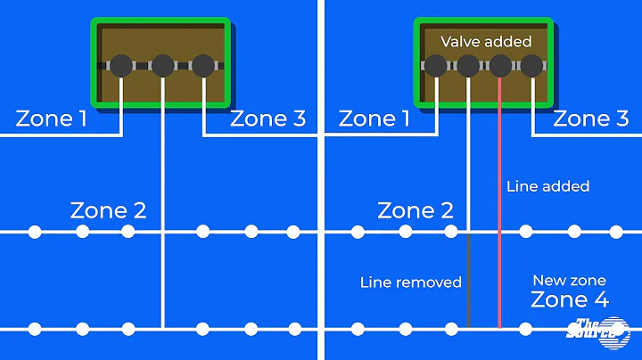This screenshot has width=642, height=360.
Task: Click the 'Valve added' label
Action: click(x=486, y=41)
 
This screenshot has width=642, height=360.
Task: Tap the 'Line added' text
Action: click(x=547, y=186)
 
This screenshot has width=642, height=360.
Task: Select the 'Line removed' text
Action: click(x=411, y=282)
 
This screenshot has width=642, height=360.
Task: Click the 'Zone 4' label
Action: click(x=570, y=299)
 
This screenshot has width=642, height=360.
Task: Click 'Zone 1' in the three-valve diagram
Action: click(x=50, y=119)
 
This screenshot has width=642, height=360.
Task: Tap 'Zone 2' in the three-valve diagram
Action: click(x=108, y=211)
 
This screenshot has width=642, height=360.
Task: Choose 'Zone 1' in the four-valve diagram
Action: click(x=374, y=119)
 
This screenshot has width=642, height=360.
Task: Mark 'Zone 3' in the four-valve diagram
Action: click(x=591, y=119)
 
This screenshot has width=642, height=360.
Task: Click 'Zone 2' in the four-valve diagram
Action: click(x=416, y=211)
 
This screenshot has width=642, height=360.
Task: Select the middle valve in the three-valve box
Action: click(x=162, y=65)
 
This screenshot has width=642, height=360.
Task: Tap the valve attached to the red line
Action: click(x=500, y=65)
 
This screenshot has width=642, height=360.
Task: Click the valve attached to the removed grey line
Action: click(x=468, y=65)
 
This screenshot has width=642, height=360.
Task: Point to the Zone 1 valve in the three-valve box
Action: click(x=121, y=65)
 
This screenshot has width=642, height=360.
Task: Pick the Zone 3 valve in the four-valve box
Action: click(x=532, y=65)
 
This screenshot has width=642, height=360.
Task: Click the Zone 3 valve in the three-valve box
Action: click(x=203, y=65)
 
